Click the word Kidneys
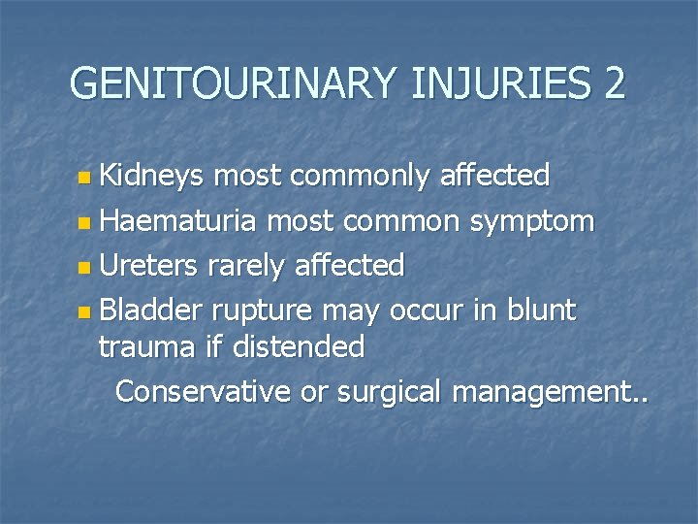[x=154, y=176]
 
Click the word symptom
[x=541, y=222]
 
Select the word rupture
[x=268, y=311]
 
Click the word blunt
[x=537, y=310]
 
